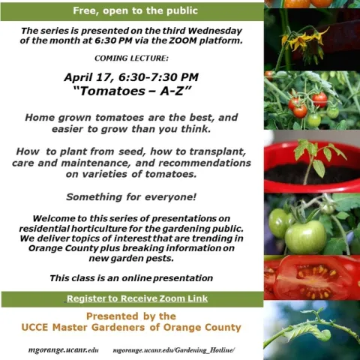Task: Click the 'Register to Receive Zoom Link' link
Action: point(137,298)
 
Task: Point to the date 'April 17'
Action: point(87,77)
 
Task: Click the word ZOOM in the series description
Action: point(183,40)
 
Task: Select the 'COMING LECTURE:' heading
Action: point(131,58)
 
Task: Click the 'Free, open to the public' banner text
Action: point(135,10)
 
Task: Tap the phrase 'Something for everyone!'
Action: point(131,197)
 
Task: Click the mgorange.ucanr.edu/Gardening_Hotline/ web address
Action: point(174,350)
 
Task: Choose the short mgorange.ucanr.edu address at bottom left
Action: point(64,350)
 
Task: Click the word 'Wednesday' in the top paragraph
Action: point(215,31)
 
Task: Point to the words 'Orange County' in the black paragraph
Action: point(64,248)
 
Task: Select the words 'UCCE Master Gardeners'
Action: point(83,327)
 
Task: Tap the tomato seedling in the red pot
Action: point(317,157)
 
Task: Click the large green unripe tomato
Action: point(305,237)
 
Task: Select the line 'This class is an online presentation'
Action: point(131,278)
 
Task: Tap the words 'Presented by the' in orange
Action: point(131,316)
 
